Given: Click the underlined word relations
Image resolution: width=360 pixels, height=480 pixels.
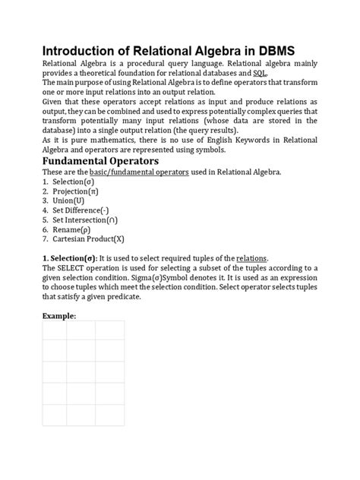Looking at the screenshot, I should tap(252, 258).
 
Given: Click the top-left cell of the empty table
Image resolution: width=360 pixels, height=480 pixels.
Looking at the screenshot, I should tap(52, 330).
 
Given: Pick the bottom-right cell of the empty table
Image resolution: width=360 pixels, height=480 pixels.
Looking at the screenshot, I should tap(109, 415).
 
